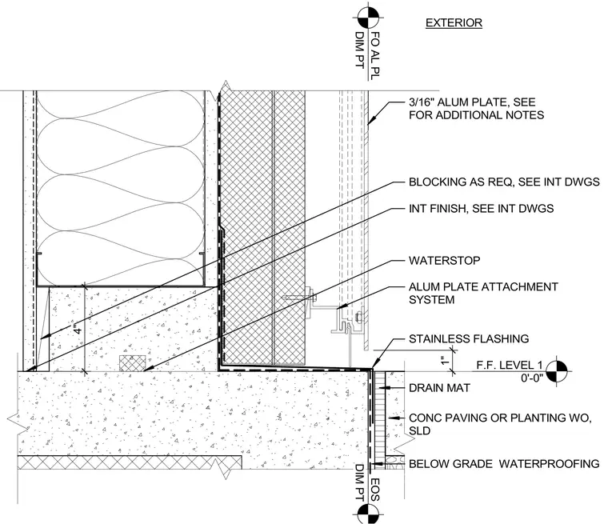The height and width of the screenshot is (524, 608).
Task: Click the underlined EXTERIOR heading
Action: [454, 23]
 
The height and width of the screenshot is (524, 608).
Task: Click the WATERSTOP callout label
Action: [444, 260]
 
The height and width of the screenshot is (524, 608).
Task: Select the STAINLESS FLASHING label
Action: [469, 338]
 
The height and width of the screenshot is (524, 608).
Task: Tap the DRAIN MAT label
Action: [439, 388]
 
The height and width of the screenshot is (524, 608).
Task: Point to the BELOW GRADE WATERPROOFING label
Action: [504, 464]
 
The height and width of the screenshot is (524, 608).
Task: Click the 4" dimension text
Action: [78, 329]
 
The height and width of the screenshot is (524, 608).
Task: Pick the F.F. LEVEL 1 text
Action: [510, 365]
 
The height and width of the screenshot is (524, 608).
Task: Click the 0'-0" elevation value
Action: [532, 378]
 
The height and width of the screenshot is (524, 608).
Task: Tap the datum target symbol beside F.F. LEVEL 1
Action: [558, 370]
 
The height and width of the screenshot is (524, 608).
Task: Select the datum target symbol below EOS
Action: [367, 514]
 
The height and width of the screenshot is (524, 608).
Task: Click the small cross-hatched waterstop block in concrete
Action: [132, 363]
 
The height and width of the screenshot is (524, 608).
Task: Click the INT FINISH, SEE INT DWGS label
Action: [482, 209]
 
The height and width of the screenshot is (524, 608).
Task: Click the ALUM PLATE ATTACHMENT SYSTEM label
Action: [483, 294]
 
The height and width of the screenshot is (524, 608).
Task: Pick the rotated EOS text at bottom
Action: [375, 490]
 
